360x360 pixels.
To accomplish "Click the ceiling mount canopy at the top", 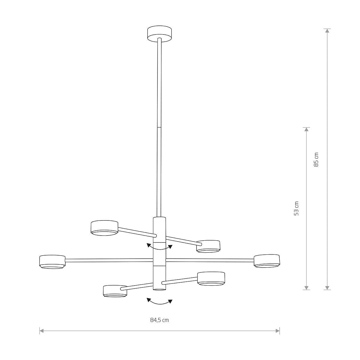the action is click(x=159, y=33).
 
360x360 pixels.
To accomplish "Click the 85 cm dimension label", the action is click(x=316, y=160).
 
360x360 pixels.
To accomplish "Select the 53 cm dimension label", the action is click(x=296, y=208).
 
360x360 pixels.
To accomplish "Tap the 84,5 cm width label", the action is click(x=160, y=320).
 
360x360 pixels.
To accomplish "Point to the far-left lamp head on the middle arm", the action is click(x=52, y=262).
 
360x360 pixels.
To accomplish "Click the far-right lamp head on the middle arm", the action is click(x=267, y=261).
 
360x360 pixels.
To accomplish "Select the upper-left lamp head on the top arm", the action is click(x=104, y=228).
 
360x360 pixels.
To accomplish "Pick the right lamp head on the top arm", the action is click(x=208, y=246).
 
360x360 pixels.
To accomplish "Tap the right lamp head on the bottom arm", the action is click(x=211, y=278).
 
